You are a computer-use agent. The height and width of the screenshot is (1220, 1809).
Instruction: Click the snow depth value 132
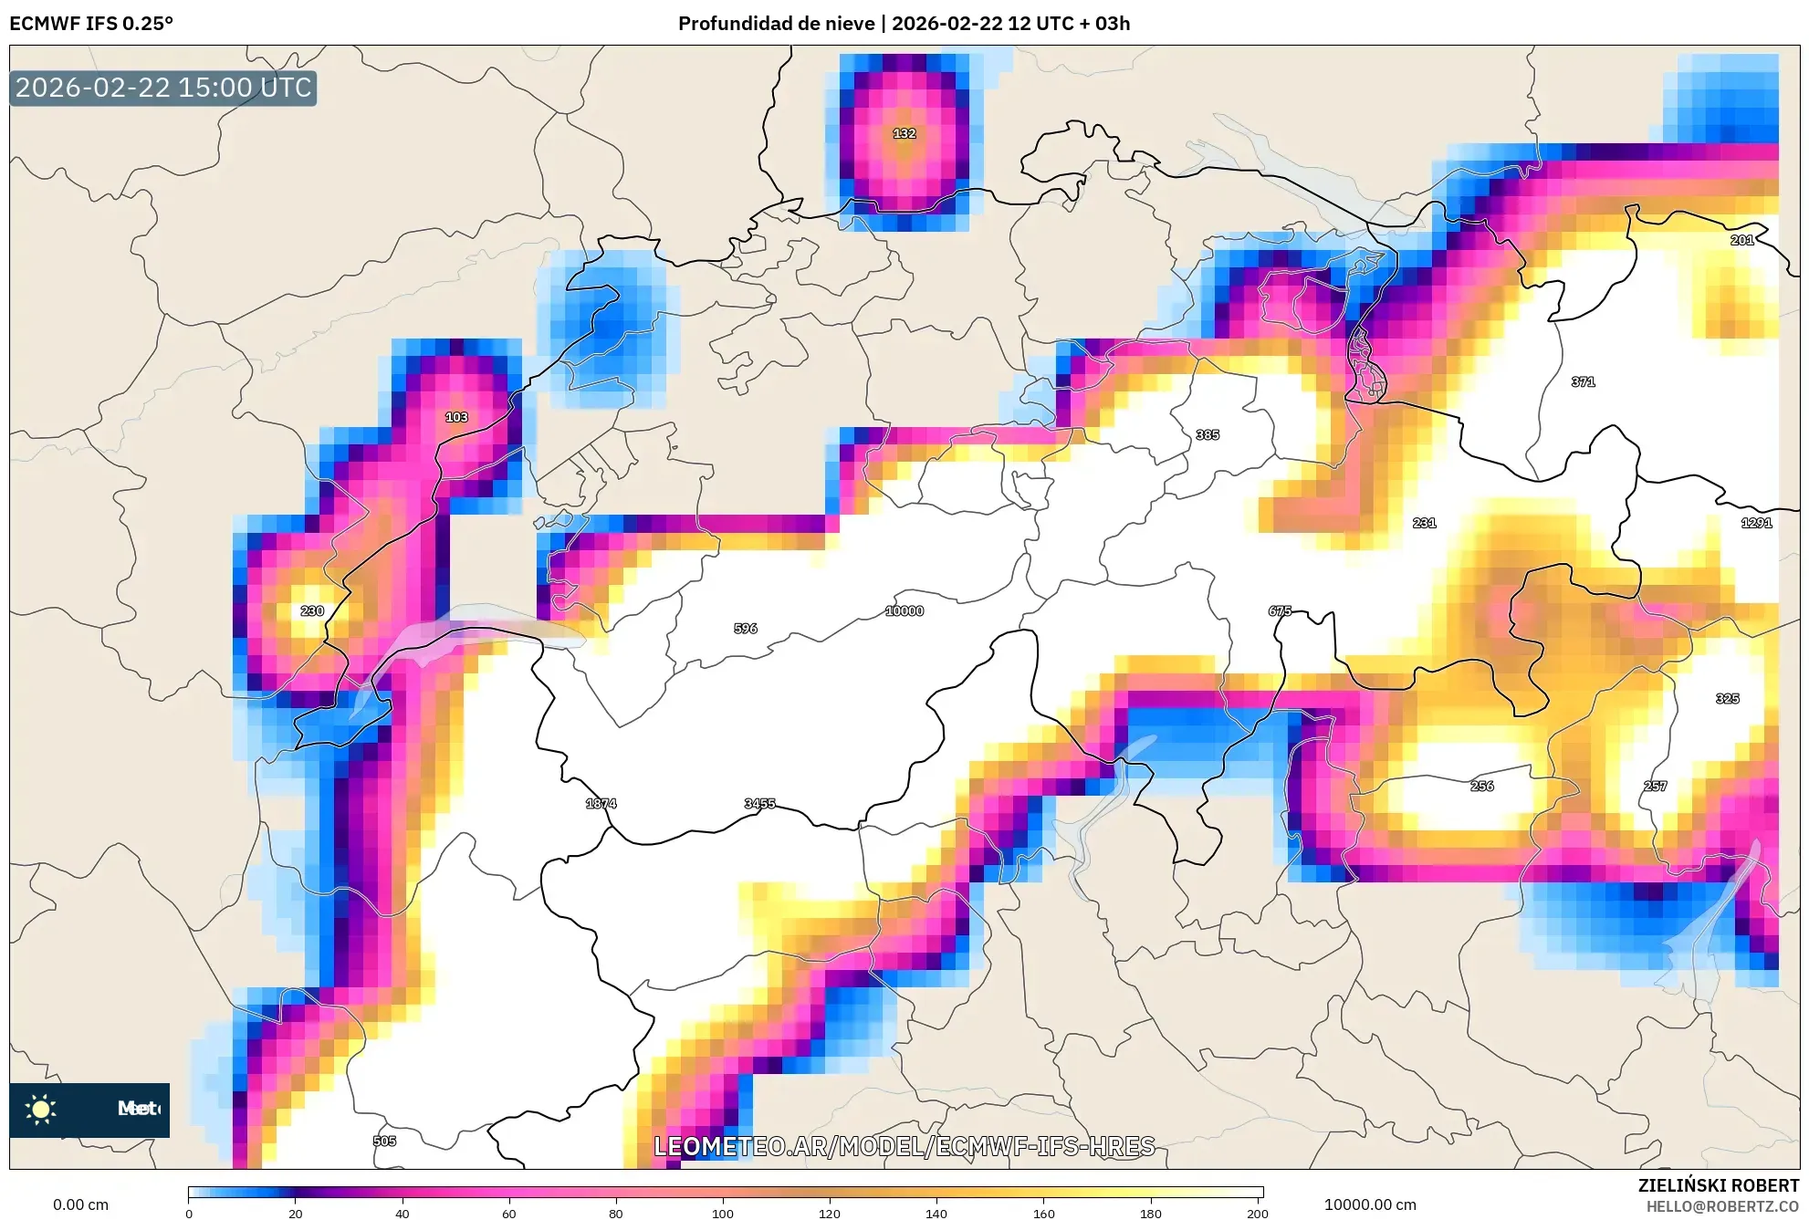point(904,133)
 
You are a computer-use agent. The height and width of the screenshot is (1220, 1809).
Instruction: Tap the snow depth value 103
point(456,417)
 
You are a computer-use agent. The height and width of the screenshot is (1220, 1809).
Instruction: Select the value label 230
point(312,610)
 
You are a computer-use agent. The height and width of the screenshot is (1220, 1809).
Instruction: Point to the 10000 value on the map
point(904,610)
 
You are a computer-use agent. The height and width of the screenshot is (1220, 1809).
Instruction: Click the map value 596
point(746,628)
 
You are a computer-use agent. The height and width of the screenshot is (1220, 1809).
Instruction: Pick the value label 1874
point(601,803)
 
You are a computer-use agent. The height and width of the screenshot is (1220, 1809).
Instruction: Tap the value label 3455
point(759,803)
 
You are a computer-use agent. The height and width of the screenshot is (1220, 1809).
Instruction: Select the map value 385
point(1208,434)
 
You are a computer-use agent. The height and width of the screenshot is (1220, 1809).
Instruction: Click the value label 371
point(1584,381)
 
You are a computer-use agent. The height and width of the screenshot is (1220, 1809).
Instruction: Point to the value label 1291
point(1756,523)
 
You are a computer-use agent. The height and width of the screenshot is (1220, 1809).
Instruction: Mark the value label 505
point(384,1141)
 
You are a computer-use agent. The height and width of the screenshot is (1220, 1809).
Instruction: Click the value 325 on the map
point(1727,698)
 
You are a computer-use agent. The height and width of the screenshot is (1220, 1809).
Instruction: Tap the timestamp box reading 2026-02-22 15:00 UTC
point(163,88)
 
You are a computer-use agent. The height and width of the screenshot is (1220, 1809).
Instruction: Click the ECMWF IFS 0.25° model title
point(91,24)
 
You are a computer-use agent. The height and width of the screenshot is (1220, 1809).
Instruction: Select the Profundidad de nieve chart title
point(904,24)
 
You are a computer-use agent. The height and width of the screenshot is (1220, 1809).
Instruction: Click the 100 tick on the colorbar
point(723,1213)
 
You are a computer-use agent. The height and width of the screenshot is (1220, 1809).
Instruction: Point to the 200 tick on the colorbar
point(1258,1213)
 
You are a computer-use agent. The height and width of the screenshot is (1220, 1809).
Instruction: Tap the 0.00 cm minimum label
point(80,1204)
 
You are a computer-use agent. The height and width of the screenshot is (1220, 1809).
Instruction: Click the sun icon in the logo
point(41,1109)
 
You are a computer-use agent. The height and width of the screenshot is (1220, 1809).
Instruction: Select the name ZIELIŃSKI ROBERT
point(1718,1185)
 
